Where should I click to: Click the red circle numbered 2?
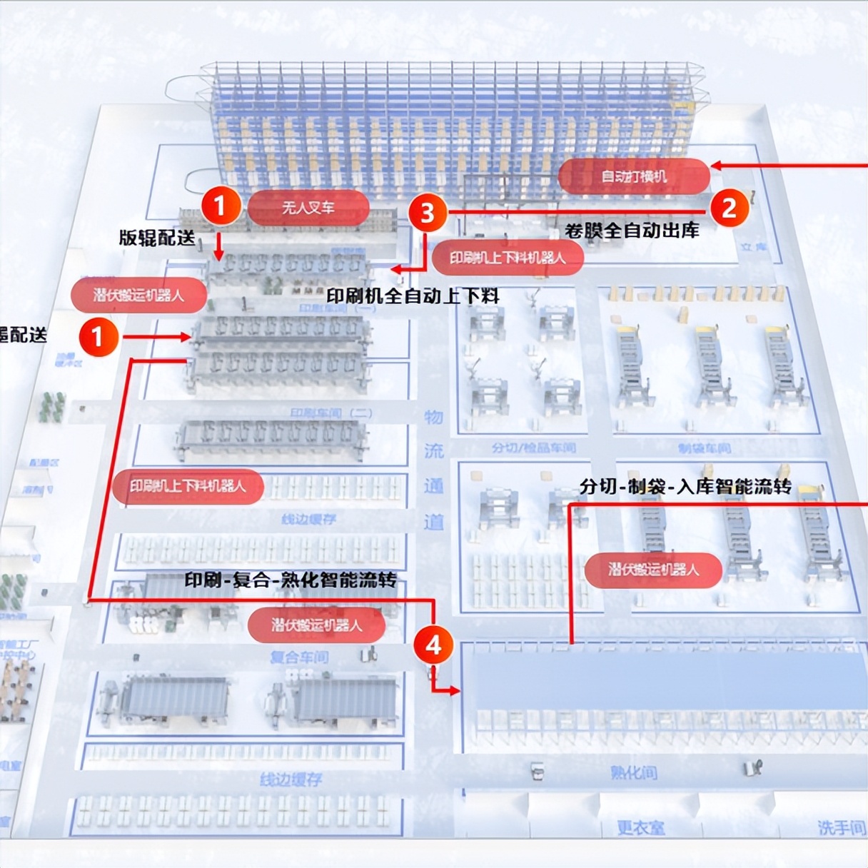729,208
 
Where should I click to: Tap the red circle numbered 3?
427,213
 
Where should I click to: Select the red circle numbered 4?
433,645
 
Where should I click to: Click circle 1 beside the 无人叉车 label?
220,206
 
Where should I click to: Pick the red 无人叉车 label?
308,208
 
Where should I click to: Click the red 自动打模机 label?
634,176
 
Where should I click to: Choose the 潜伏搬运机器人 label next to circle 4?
316,625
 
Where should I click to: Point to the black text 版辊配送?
157,238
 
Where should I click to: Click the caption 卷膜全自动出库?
632,230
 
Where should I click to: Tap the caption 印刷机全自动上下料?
413,296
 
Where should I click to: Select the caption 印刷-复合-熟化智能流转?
291,580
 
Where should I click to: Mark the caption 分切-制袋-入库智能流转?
685,487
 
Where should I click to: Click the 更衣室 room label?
640,828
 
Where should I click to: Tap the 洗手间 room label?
842,828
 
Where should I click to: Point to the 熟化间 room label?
633,772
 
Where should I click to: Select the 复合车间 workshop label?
299,657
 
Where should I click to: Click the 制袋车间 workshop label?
704,448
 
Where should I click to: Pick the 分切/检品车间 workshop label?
533,448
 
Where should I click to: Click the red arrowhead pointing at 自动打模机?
716,166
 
